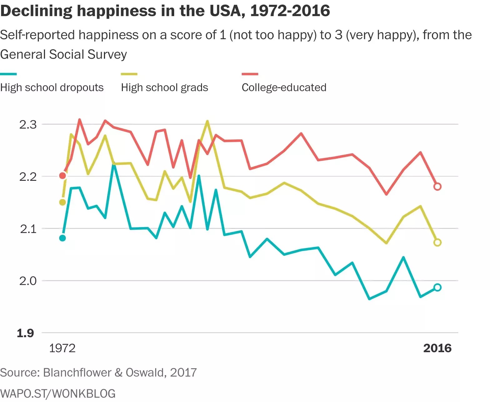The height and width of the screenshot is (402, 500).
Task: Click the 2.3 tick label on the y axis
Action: tap(28, 125)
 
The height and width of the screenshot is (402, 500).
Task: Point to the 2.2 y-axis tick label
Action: tap(28, 177)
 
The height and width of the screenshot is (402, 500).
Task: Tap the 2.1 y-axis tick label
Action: tap(28, 229)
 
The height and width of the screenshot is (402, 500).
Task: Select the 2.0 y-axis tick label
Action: tap(28, 281)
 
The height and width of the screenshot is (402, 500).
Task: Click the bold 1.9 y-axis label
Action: tap(25, 333)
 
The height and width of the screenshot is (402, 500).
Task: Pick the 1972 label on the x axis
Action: tap(62, 348)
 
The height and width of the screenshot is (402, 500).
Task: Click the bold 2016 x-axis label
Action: tap(437, 348)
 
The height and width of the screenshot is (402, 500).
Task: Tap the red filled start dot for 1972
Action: tap(62, 176)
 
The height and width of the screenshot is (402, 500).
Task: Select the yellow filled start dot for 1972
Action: tap(62, 202)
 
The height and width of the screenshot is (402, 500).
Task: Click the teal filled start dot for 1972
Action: tap(62, 238)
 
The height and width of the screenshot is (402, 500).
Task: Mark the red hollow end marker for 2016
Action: tap(437, 187)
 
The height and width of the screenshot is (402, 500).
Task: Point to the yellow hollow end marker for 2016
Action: tap(437, 243)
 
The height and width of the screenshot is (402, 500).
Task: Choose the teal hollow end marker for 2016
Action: tap(437, 287)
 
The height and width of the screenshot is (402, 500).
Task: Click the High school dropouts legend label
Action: tap(52, 88)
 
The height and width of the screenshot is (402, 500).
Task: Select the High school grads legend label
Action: tap(164, 88)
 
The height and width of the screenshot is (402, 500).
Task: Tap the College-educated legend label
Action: tap(284, 88)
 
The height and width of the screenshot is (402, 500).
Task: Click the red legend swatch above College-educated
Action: tap(250, 74)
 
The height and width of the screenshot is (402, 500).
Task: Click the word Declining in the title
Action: tap(36, 11)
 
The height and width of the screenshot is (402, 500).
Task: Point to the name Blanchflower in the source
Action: tap(77, 373)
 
